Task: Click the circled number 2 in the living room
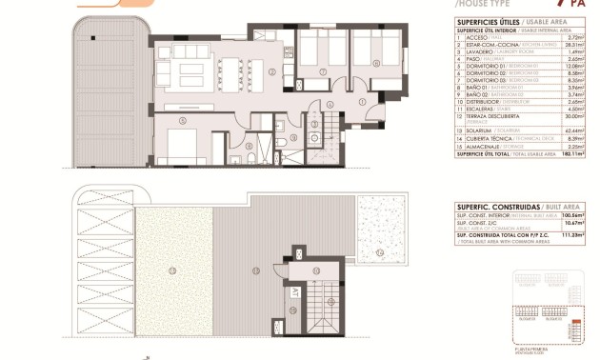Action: tap(271, 70)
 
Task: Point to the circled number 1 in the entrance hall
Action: tap(362, 102)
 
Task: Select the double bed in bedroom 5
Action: tap(178, 148)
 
